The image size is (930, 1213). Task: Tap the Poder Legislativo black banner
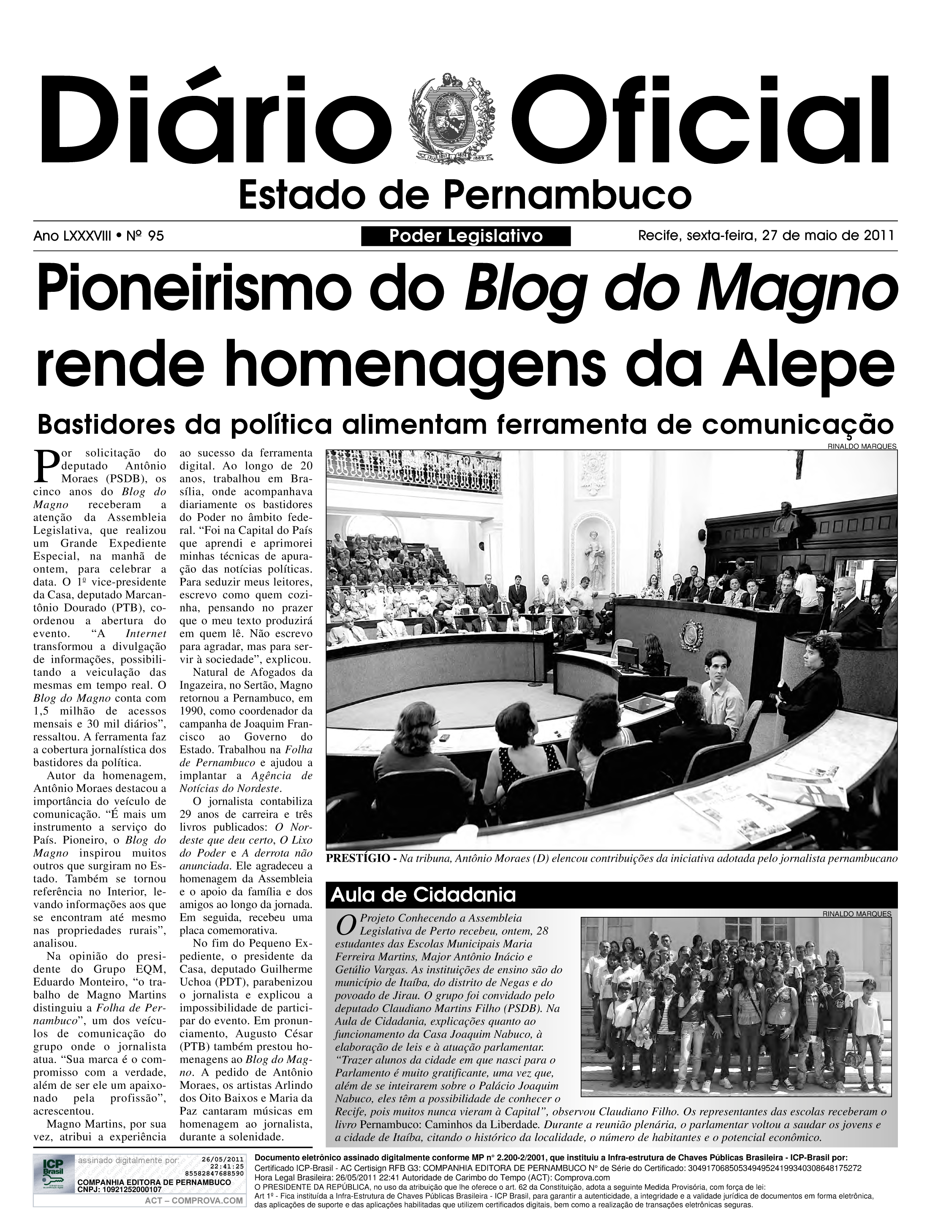(x=465, y=237)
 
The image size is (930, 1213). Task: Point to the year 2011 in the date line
(x=879, y=236)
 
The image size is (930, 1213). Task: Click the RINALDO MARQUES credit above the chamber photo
(x=861, y=446)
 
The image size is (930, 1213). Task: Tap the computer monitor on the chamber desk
(x=628, y=655)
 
